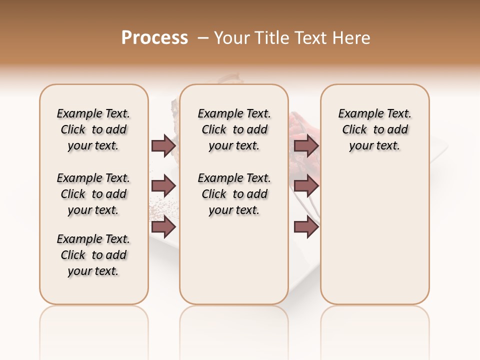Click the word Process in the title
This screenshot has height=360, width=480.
[154, 37]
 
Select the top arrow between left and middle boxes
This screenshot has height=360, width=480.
[163, 145]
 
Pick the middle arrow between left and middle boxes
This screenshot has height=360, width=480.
[163, 186]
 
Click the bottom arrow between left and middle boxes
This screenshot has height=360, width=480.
[163, 227]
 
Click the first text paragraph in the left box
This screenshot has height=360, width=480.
[93, 129]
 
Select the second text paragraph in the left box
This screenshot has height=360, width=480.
[93, 194]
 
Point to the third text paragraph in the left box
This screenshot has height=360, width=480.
[93, 255]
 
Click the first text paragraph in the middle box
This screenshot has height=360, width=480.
[234, 129]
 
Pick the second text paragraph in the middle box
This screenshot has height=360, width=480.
[234, 194]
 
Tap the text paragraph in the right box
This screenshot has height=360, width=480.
[375, 129]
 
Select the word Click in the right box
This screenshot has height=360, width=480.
[354, 130]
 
